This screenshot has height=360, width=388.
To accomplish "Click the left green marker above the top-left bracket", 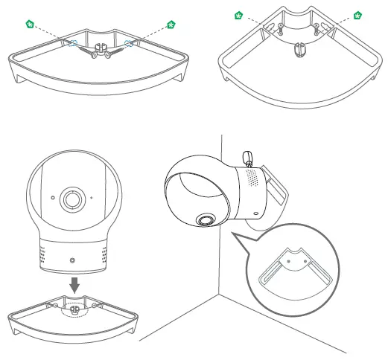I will (29, 25).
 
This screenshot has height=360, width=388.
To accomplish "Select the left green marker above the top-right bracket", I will (239, 14).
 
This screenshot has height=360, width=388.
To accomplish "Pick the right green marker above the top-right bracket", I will (358, 14).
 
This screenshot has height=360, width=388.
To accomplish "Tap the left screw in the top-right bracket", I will (279, 29).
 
